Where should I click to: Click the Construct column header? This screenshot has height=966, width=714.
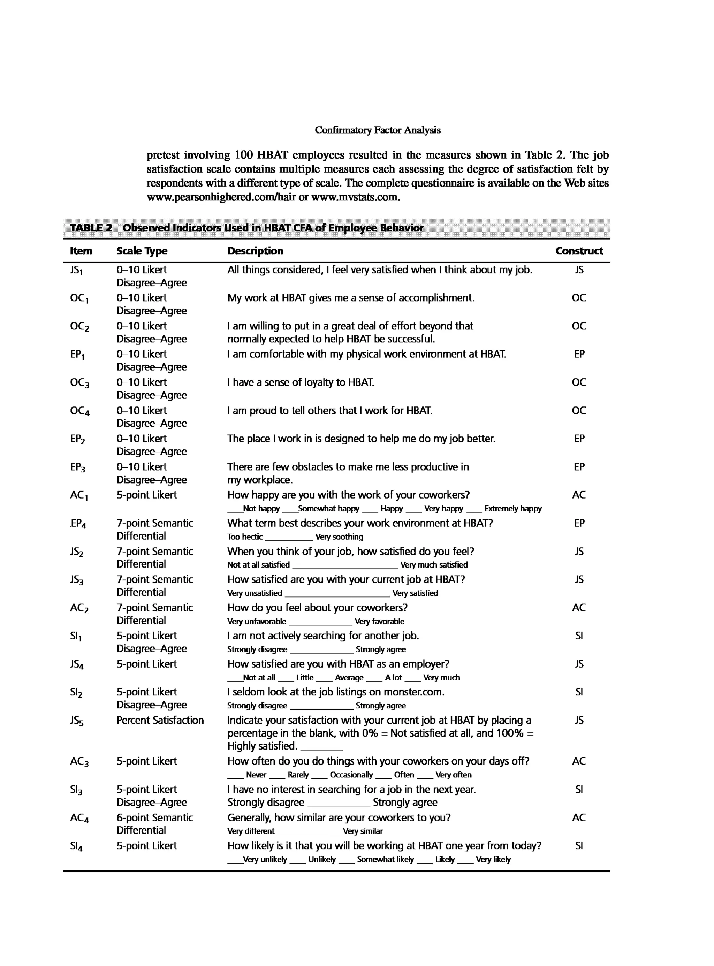579,251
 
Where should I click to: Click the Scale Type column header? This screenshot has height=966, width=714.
142,251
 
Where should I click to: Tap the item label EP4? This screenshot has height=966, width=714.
78,523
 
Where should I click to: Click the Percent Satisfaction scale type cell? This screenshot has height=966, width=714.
160,720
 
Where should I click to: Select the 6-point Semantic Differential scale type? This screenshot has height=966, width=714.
154,823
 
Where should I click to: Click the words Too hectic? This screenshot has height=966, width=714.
245,537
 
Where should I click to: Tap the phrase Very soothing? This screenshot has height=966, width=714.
339,537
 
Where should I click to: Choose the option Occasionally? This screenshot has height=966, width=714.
351,775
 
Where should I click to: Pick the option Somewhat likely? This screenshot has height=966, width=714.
385,859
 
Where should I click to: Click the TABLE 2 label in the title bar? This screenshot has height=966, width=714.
91,228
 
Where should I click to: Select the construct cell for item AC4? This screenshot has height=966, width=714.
579,817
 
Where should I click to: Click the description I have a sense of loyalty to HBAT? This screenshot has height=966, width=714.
301,382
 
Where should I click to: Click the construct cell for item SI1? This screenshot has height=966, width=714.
579,636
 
